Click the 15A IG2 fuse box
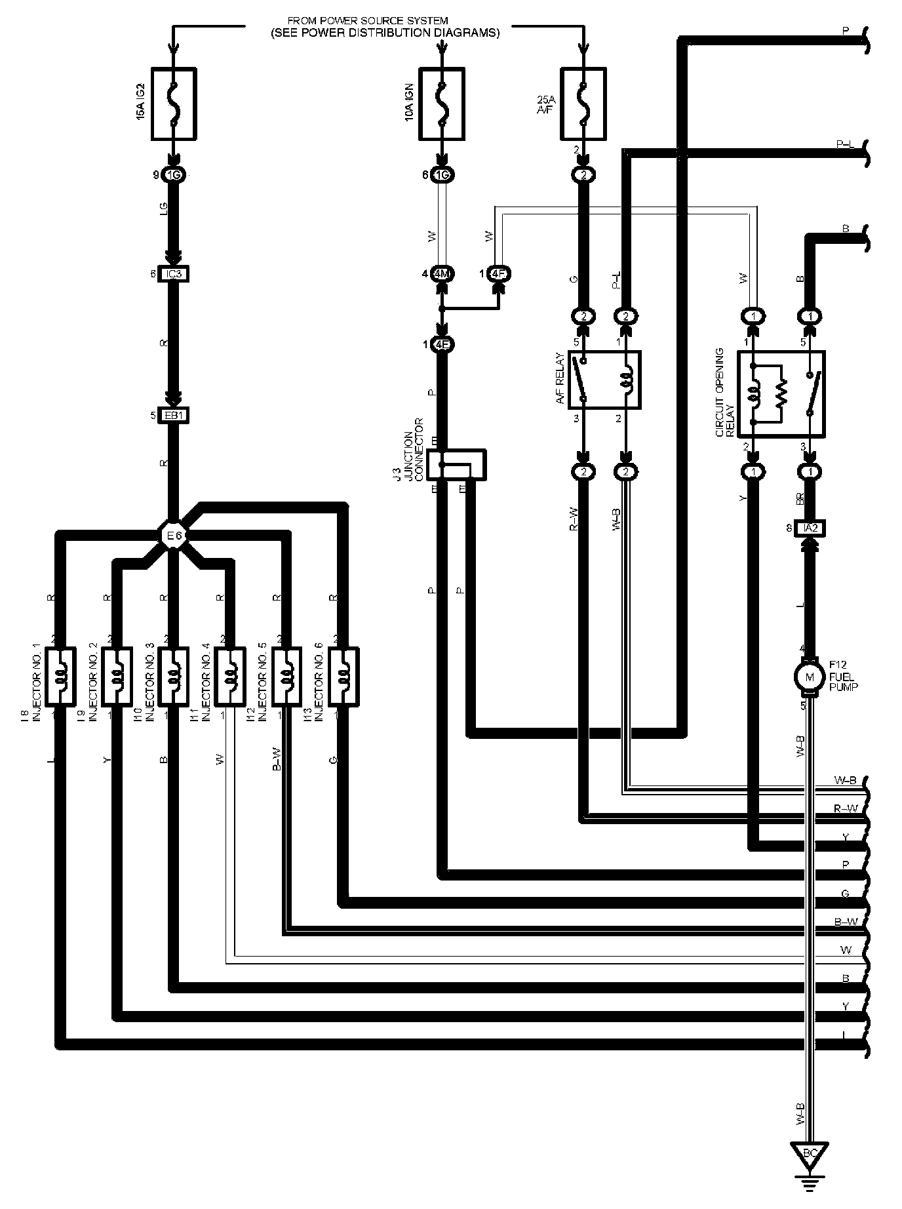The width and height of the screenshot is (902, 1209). (174, 104)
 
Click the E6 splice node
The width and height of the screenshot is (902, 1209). (174, 536)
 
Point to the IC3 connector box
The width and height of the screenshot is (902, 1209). (174, 274)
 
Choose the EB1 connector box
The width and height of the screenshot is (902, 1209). (174, 416)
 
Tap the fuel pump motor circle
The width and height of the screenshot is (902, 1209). (810, 677)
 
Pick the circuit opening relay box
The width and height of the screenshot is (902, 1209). (781, 393)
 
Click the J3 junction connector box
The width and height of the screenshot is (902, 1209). (456, 465)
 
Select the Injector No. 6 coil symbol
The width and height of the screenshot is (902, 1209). (343, 677)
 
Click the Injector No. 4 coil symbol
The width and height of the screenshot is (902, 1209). (230, 677)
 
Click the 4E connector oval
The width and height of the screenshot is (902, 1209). (442, 345)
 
